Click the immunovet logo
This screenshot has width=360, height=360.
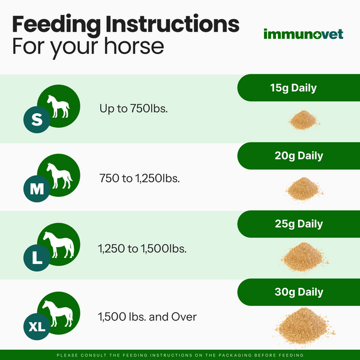pos(304,34)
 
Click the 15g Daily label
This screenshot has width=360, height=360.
pos(293,88)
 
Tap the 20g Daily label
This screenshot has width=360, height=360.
pos(293,156)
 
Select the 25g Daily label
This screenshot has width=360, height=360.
pos(293,224)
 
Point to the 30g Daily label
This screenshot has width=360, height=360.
pos(293,292)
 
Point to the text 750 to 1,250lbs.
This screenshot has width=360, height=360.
pos(139,178)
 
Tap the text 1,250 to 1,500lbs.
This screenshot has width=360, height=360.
pos(142,247)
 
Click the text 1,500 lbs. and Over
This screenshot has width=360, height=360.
pos(148,316)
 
